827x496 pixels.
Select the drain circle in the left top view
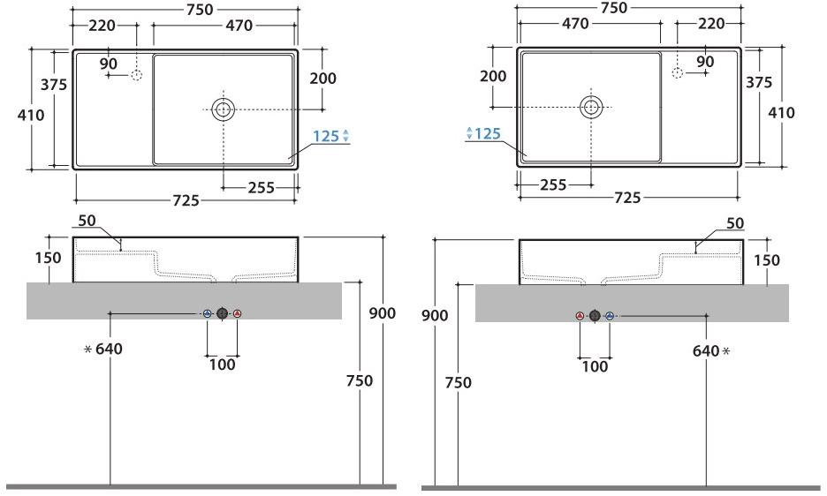(224, 109)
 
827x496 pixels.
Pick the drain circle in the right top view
(591, 107)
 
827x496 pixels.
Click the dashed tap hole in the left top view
(137, 75)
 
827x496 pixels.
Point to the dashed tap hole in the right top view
(678, 72)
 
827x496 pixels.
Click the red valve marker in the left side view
(238, 313)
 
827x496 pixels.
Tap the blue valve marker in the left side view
(208, 313)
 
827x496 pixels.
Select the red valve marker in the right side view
(580, 316)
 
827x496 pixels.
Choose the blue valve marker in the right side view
(610, 316)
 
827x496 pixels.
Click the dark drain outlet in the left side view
(222, 313)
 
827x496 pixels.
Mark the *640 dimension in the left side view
(103, 349)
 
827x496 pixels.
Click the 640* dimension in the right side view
(711, 351)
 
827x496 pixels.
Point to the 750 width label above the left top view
(200, 10)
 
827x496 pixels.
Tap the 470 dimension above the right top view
(575, 24)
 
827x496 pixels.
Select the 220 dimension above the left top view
(102, 26)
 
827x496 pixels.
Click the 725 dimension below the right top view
(627, 198)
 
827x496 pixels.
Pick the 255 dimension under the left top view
(261, 188)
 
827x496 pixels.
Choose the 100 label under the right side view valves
(595, 365)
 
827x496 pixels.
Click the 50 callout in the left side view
(87, 221)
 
